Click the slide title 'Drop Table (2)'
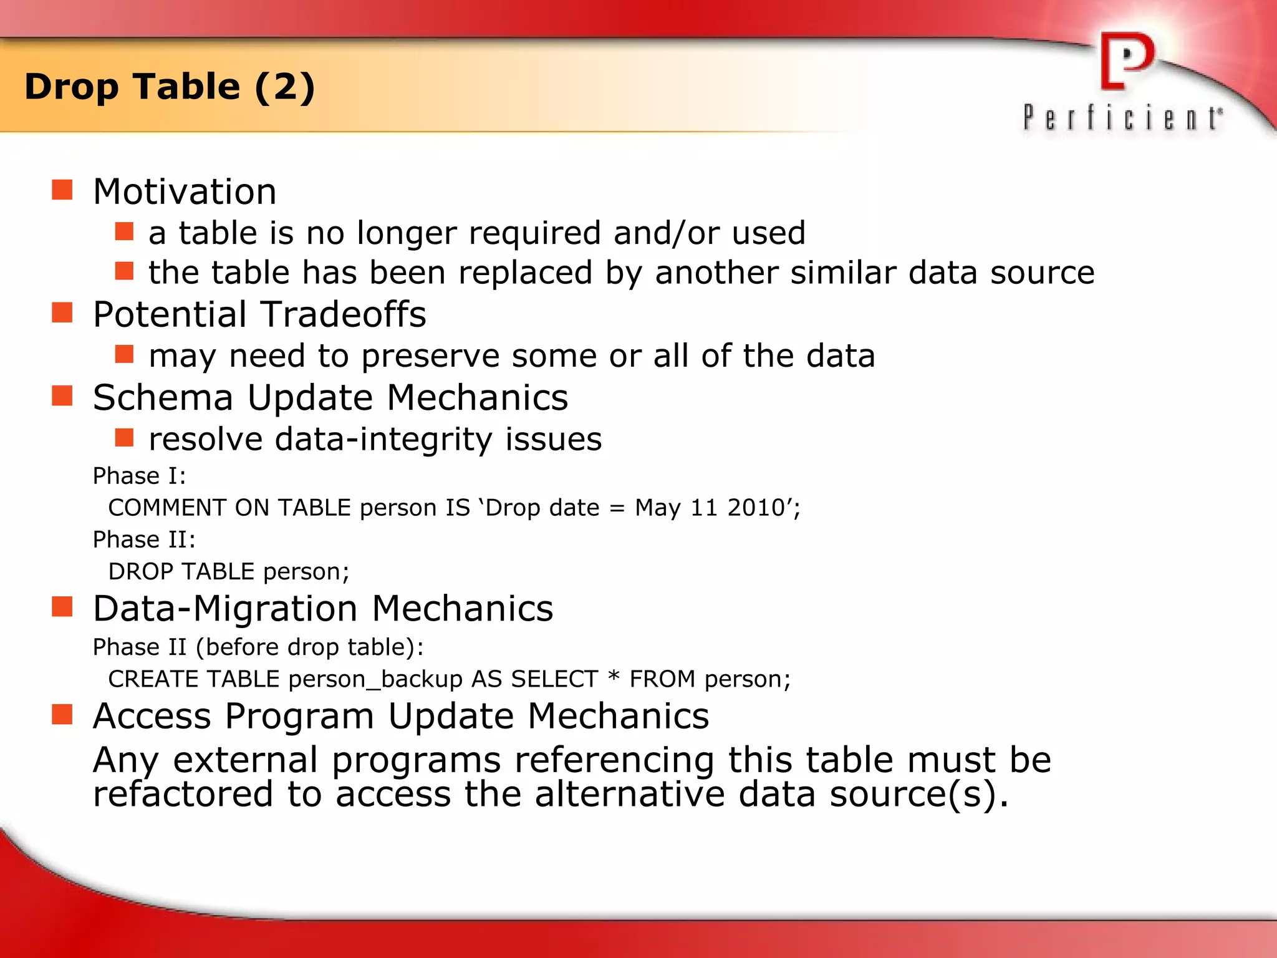click(170, 87)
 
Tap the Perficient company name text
click(1122, 118)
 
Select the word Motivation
click(185, 191)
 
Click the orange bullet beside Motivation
click(62, 190)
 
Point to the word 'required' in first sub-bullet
click(535, 234)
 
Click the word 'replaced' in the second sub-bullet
click(525, 273)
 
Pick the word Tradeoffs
click(343, 314)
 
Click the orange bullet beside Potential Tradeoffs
click(62, 312)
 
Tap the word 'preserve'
click(430, 357)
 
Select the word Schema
click(163, 397)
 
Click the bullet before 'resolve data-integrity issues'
click(125, 438)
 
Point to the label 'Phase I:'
click(139, 476)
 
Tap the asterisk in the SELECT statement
click(614, 676)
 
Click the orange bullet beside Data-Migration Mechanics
click(62, 606)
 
